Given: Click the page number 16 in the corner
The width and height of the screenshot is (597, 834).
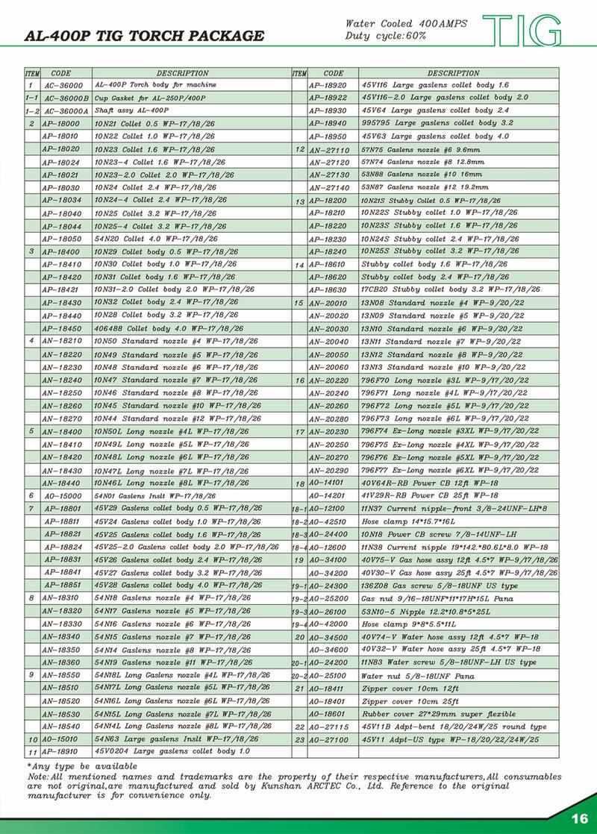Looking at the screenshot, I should coord(579,818).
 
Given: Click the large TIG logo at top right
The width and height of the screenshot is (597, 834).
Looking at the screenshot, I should coord(522,29).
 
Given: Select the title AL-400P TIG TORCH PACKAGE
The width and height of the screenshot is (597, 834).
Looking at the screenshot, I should coord(144,36).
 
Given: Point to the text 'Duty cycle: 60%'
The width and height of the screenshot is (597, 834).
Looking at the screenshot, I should coord(386,35).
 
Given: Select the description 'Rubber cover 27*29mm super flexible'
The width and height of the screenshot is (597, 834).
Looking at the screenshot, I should coord(438,714).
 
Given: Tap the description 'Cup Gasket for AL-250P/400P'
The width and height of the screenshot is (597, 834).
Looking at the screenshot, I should coord(149,98).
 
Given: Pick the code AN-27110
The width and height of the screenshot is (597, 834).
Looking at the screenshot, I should coord(329,149).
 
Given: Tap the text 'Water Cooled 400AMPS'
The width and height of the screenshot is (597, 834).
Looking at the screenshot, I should coord(407,24).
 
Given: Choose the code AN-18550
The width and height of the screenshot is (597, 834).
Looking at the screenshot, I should coord(61,674).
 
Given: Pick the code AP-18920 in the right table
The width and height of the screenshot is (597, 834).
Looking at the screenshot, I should coord(329,86).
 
